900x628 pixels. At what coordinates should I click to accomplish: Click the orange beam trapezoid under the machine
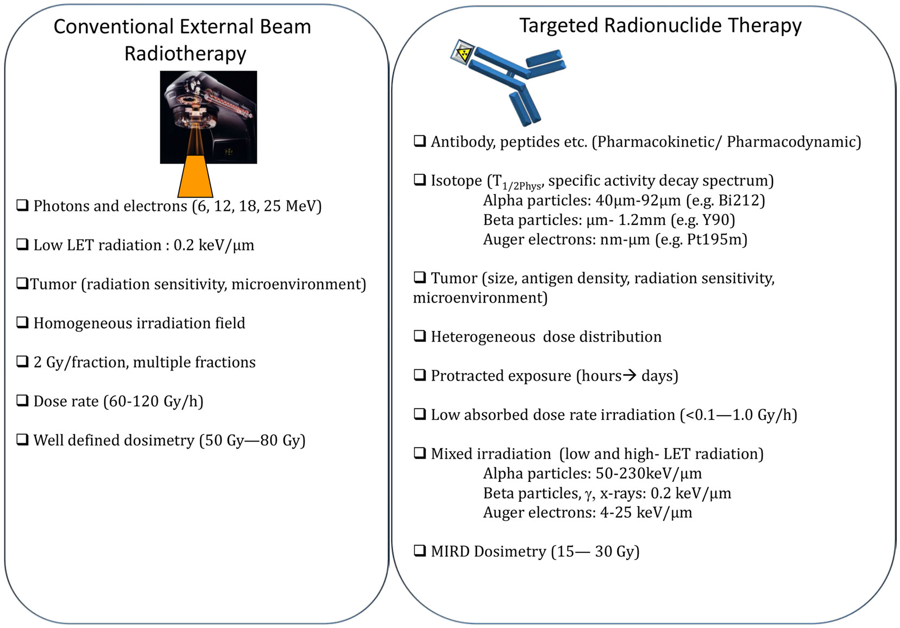pos(196,176)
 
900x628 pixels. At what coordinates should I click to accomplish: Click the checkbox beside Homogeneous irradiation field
pos(22,322)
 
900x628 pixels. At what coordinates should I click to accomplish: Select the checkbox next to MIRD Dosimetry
pos(420,550)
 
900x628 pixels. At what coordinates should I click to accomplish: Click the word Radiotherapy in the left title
pos(185,54)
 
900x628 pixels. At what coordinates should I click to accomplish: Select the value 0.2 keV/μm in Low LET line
pos(214,245)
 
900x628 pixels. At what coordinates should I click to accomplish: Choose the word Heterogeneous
pos(483,337)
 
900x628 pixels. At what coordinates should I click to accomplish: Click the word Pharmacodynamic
pos(791,142)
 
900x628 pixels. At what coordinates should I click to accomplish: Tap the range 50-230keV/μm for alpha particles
pos(649,473)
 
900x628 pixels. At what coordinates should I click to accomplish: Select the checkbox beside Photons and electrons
pos(22,205)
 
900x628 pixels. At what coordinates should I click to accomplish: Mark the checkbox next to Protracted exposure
pos(420,375)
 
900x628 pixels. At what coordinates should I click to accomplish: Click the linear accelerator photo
pos(209,117)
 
